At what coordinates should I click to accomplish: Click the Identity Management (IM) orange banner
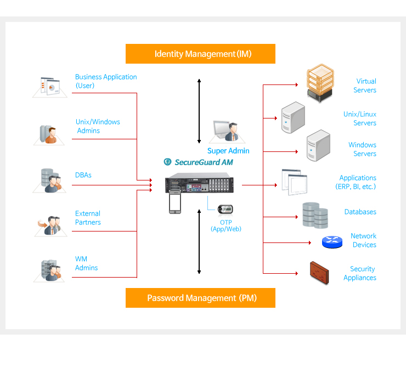coord(200,54)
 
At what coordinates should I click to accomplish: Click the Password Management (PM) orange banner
coord(200,298)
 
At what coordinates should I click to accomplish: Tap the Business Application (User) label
coord(106,81)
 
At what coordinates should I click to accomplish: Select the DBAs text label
coord(83,175)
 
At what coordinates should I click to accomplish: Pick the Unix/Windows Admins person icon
coord(50,134)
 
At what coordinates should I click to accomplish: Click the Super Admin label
coord(228,151)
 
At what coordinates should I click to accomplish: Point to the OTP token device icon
coord(225,210)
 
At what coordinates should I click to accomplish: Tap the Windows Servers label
coord(362,149)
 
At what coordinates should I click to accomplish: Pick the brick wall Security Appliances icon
coord(319,272)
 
